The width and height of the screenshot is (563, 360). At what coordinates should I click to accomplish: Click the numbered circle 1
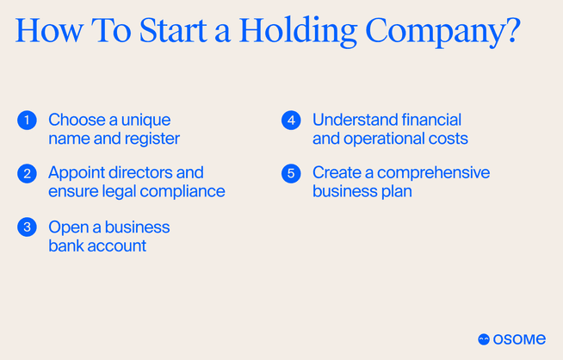[x=26, y=121]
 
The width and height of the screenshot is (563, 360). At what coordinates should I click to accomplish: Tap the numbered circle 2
[x=26, y=174]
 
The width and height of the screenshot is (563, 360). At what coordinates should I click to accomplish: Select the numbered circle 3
[x=26, y=227]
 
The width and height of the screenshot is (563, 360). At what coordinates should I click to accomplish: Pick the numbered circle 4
[x=290, y=121]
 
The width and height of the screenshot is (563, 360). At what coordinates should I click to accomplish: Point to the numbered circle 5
[x=290, y=174]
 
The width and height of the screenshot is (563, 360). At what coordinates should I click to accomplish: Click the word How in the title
[x=47, y=31]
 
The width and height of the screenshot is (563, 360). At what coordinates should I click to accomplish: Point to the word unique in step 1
[x=147, y=120]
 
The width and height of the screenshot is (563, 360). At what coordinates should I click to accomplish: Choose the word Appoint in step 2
[x=78, y=173]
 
